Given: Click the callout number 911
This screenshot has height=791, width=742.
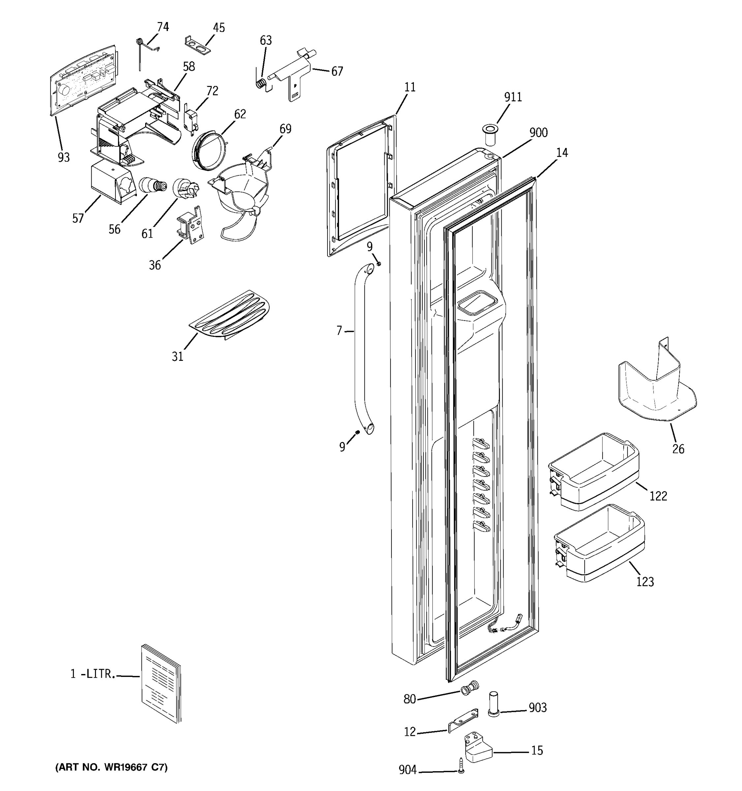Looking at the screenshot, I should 513,97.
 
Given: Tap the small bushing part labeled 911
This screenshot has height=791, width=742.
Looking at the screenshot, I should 490,135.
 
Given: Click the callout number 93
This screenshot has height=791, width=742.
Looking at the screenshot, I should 64,158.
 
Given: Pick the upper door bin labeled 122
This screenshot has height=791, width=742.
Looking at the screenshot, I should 593,470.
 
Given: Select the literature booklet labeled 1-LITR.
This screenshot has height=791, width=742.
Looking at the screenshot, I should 161,683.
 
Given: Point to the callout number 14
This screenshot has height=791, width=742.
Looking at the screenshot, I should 562,153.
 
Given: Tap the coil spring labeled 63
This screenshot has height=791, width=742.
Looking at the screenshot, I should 262,84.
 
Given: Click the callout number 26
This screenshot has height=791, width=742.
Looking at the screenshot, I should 678,449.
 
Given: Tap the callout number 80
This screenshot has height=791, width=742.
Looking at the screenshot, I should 409,699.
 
